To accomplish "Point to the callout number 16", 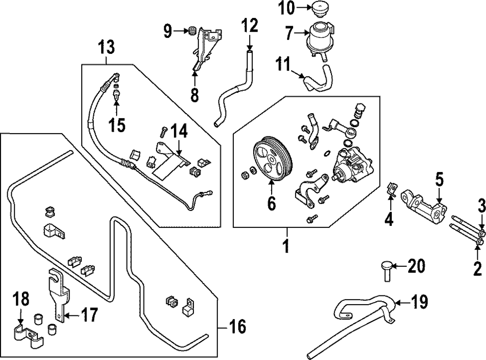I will click(x=238, y=326).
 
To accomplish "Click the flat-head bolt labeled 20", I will click(x=387, y=269).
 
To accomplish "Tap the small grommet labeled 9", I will click(x=192, y=31).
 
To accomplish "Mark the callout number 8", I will click(x=194, y=95).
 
